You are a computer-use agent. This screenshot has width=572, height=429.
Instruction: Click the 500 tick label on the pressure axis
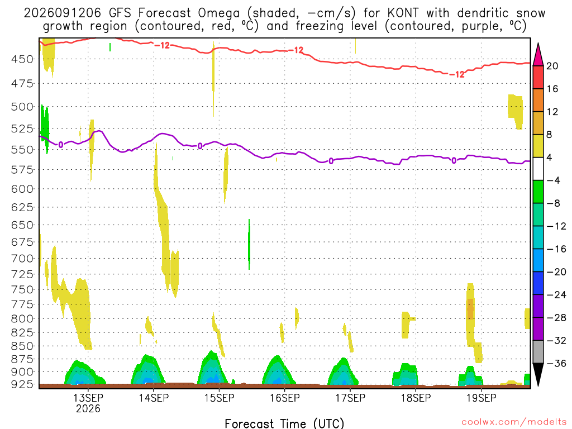22,107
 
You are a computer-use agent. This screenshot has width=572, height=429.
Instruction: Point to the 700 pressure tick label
22,259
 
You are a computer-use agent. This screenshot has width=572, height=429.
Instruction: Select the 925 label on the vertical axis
22,384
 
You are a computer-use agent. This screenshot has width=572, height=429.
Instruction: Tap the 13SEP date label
88,398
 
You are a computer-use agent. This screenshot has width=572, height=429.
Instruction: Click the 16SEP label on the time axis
284,398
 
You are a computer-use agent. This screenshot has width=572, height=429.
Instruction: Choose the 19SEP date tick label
481,398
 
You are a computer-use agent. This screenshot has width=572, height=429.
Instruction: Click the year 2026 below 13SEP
88,408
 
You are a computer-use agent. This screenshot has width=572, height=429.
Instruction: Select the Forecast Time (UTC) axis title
284,423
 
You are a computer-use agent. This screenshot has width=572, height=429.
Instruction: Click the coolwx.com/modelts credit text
514,422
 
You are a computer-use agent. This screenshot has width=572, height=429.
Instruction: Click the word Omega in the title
219,13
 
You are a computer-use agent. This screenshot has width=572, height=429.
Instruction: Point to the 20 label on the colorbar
552,66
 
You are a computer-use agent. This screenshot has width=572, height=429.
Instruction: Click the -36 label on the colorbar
556,363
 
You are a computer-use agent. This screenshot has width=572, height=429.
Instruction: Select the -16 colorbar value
556,249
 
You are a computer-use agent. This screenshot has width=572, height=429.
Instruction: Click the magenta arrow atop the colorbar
538,54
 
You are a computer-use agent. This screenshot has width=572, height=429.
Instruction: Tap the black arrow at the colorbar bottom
538,375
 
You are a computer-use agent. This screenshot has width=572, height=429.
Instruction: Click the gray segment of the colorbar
538,352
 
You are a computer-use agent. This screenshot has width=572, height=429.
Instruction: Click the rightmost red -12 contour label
457,74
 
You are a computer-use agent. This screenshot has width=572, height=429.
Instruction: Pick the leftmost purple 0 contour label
60,145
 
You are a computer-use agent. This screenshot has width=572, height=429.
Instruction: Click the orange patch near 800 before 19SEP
470,309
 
